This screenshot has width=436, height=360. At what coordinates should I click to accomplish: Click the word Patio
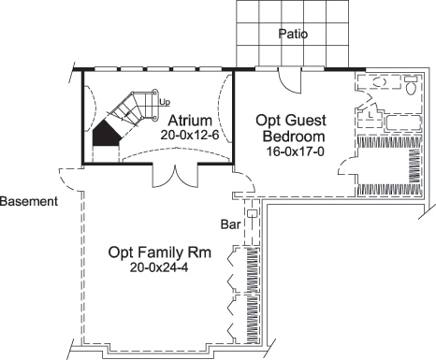(294, 34)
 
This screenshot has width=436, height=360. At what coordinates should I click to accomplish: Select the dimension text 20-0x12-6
(190, 135)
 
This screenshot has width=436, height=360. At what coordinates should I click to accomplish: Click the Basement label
(30, 201)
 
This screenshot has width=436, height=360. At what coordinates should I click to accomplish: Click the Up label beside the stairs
(165, 101)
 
